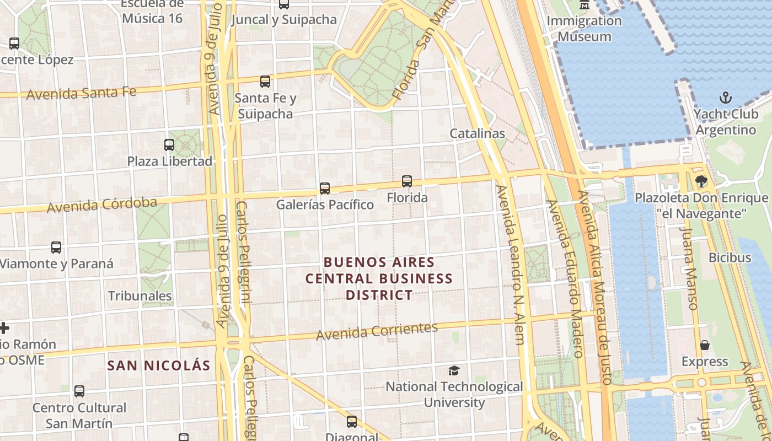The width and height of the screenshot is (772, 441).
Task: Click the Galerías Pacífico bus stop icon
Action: pos(325,189)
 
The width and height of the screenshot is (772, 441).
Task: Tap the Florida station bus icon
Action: pos(407,181)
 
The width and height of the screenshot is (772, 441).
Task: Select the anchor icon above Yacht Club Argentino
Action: pos(726,98)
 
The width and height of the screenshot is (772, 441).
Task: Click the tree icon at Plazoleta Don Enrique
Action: pos(701,181)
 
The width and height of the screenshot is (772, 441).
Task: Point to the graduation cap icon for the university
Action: pos(454,370)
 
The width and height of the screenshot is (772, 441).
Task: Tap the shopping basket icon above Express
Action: pos(705,346)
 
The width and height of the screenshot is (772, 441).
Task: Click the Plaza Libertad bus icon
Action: pos(169,145)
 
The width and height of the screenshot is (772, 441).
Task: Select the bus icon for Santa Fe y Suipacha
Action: pos(265,82)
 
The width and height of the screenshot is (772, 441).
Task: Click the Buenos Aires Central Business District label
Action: pos(379,278)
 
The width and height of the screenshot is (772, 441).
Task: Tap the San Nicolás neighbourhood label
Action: pos(159,365)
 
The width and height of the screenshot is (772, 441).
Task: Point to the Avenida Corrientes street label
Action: pos(377,331)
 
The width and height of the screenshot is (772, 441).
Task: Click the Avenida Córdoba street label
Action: pos(102,205)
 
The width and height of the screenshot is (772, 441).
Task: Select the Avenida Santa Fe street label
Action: pos(82,93)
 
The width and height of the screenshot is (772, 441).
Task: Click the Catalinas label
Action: pos(477,133)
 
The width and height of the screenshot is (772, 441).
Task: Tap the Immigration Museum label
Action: pos(585,29)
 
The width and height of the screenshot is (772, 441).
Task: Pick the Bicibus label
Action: pos(730,257)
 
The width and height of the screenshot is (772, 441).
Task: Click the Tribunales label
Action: pos(140,296)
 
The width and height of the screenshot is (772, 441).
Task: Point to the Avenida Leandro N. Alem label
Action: pos(511,265)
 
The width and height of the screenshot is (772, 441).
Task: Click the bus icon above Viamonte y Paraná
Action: pos(56,248)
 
